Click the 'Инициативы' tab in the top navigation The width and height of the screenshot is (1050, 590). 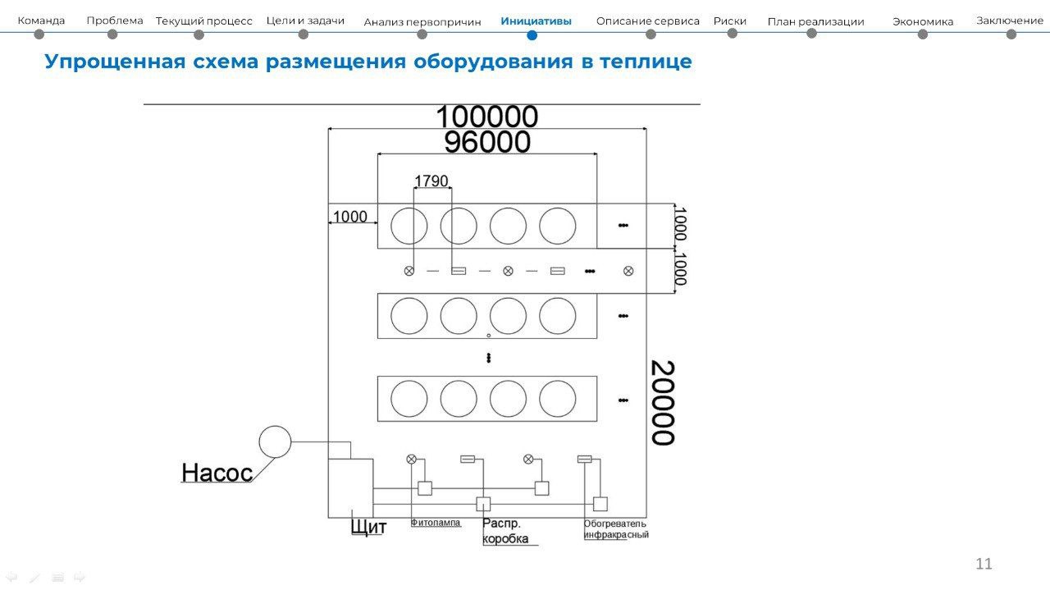pos(536,21)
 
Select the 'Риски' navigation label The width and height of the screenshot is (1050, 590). pos(730,21)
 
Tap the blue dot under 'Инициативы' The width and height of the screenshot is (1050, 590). pos(532,35)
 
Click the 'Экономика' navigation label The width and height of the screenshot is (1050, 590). pos(923,21)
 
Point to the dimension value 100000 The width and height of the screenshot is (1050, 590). pos(487,117)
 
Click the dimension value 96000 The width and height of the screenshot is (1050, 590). pos(487,142)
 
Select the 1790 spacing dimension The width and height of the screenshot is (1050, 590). pos(431,181)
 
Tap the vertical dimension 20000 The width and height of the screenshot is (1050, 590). pos(663,402)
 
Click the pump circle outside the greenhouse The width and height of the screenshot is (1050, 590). pos(275,426)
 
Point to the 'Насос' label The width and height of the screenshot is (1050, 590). pos(217,473)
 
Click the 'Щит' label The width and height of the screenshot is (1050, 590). pos(369,527)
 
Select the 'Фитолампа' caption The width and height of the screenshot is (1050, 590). pos(436,523)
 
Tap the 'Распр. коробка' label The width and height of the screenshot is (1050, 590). pos(505,531)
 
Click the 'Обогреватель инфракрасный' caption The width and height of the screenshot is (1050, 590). pos(616,529)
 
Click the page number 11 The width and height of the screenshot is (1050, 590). pos(984,563)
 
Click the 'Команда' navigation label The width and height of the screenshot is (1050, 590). pos(41,21)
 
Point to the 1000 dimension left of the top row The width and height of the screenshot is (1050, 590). pos(349,217)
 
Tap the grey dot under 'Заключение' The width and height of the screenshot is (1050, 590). pos(1011,34)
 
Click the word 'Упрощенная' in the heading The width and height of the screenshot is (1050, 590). pos(116,62)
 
